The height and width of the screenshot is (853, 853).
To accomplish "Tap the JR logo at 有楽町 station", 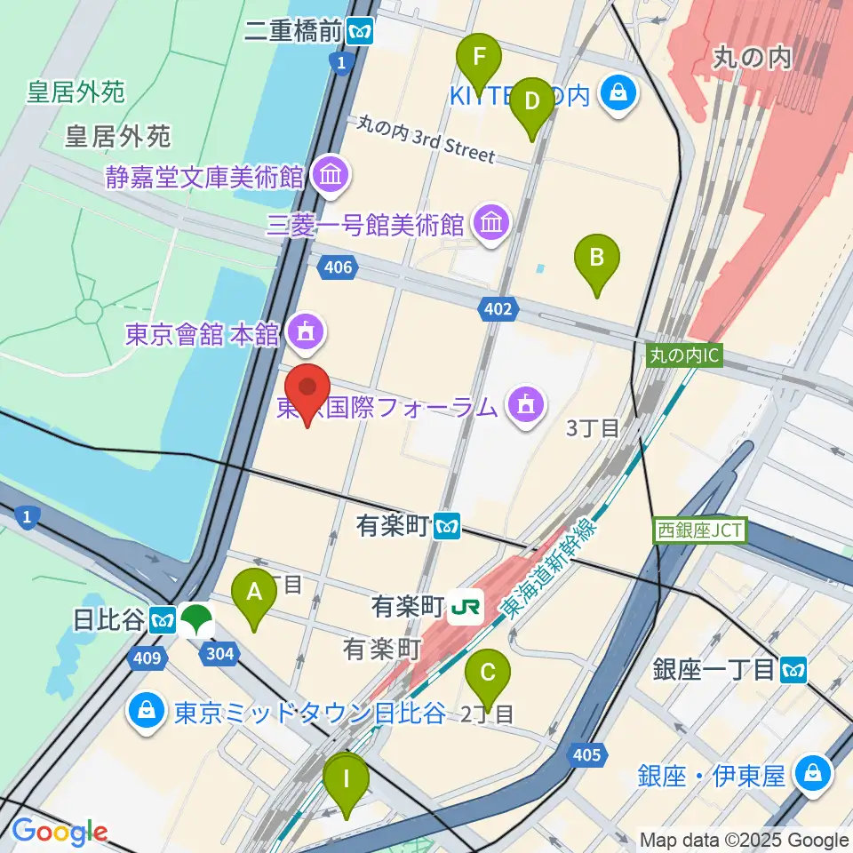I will (465, 608).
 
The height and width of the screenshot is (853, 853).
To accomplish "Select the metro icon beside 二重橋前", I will (361, 32).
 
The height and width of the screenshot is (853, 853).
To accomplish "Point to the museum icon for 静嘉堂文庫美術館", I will (331, 176).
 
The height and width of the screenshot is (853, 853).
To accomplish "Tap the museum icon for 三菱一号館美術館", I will (491, 224).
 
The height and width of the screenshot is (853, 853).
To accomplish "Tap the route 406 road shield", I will (338, 267).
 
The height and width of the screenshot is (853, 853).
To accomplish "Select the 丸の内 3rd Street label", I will (426, 140).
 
